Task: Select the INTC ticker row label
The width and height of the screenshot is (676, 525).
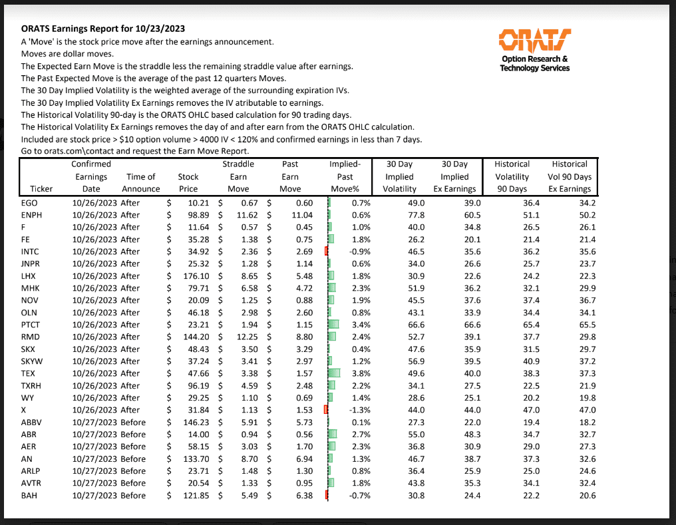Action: pos(31,252)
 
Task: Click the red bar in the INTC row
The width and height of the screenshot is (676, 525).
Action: pos(326,252)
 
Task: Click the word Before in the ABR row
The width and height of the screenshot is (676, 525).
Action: pos(133,435)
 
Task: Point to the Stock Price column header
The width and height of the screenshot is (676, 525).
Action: pos(188,183)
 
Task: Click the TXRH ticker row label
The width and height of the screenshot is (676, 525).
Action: pos(33,386)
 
